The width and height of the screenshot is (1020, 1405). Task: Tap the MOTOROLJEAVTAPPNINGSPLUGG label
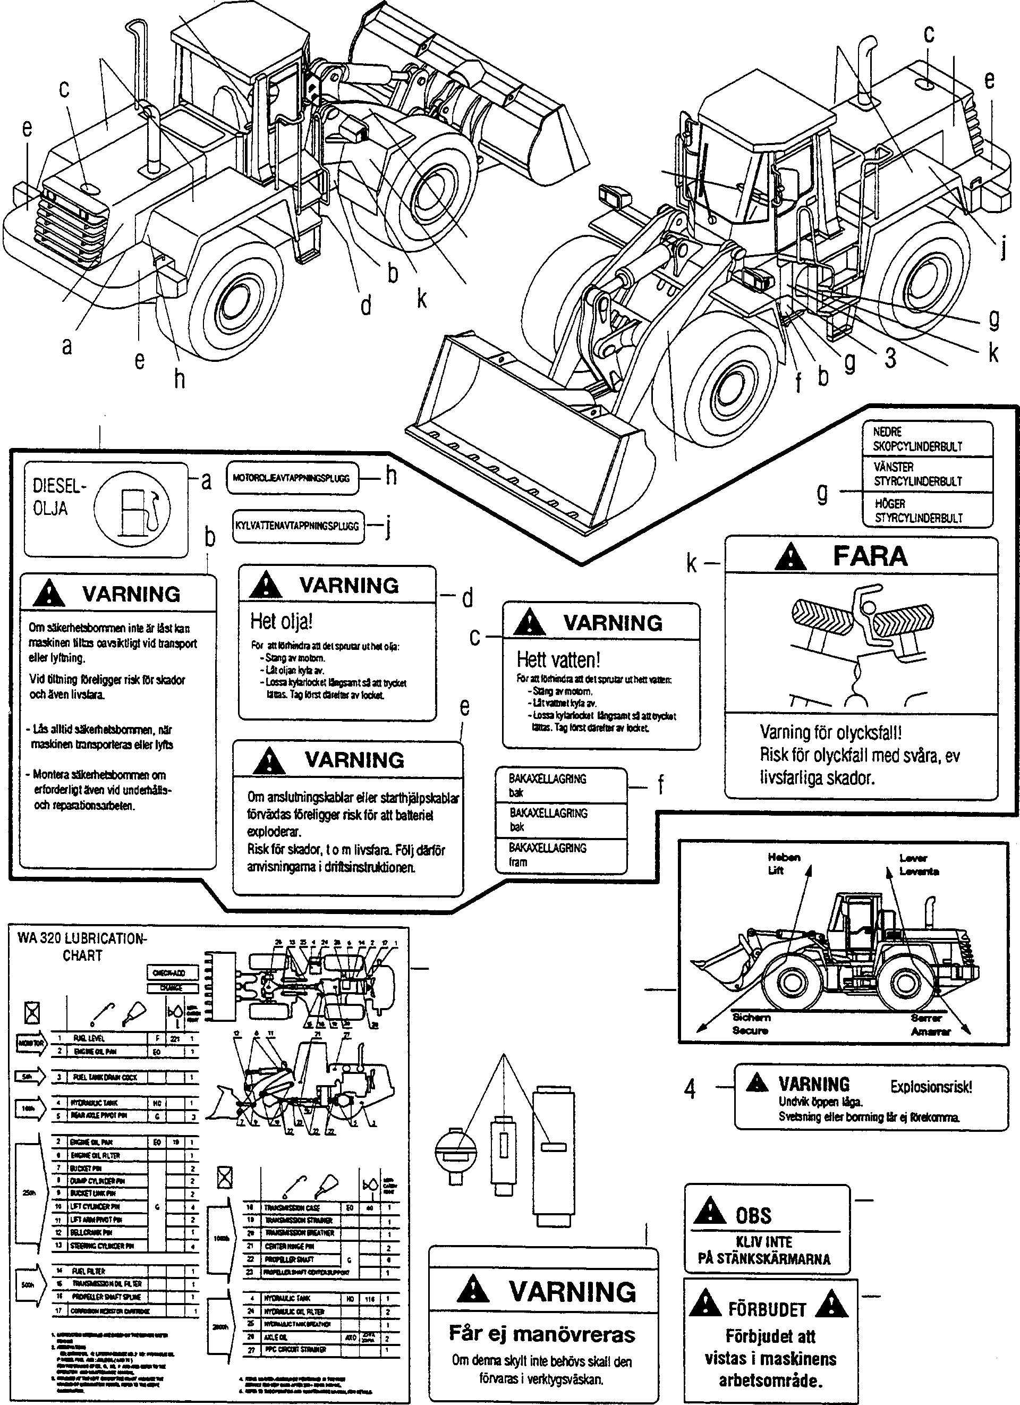(x=292, y=478)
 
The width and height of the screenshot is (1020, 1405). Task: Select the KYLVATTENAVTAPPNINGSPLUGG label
(x=297, y=527)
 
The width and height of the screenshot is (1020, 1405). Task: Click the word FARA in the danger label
(x=870, y=556)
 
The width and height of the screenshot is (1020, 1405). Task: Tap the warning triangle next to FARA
(x=791, y=557)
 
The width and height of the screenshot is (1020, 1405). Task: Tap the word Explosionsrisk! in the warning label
(x=931, y=1087)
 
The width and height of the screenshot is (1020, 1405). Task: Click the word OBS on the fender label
(x=754, y=1215)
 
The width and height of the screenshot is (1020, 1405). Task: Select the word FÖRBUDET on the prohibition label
(x=767, y=1309)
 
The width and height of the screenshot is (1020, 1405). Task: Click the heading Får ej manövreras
(x=542, y=1334)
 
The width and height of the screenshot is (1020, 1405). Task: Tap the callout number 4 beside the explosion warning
(x=690, y=1089)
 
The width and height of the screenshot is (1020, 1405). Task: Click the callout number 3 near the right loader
(x=890, y=358)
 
